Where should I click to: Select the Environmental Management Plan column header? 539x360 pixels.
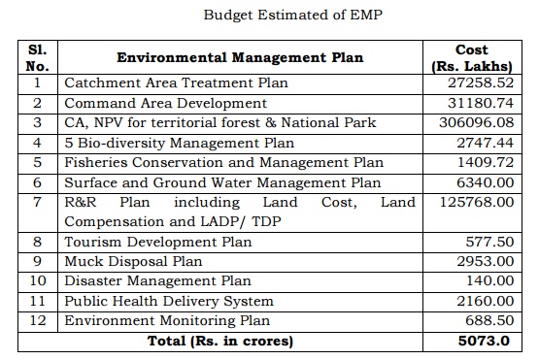[x=240, y=57]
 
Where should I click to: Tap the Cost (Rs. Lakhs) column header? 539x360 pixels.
[x=471, y=57]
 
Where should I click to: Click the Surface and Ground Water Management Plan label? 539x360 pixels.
[x=222, y=182]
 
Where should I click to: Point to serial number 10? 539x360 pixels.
[x=38, y=281]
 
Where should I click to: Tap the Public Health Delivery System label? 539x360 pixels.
[x=169, y=301]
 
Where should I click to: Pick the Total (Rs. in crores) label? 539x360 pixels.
[x=219, y=341]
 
